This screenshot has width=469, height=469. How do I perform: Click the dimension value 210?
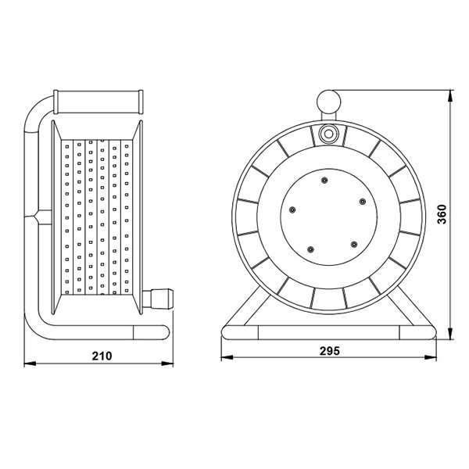pos(102,356)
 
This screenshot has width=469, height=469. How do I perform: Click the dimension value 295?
pos(330,351)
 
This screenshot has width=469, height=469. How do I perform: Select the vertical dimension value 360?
pos(442,214)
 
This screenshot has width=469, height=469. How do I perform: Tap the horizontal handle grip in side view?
pos(98,102)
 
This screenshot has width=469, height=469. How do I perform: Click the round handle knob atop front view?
pos(329,102)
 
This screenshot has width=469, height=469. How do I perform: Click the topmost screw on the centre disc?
pos(324,181)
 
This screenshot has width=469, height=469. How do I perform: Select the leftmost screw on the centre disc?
pos(292,209)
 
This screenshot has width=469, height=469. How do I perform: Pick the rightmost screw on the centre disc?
pos(363,202)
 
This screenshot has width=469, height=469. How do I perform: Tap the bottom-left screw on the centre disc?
pos(311,249)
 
